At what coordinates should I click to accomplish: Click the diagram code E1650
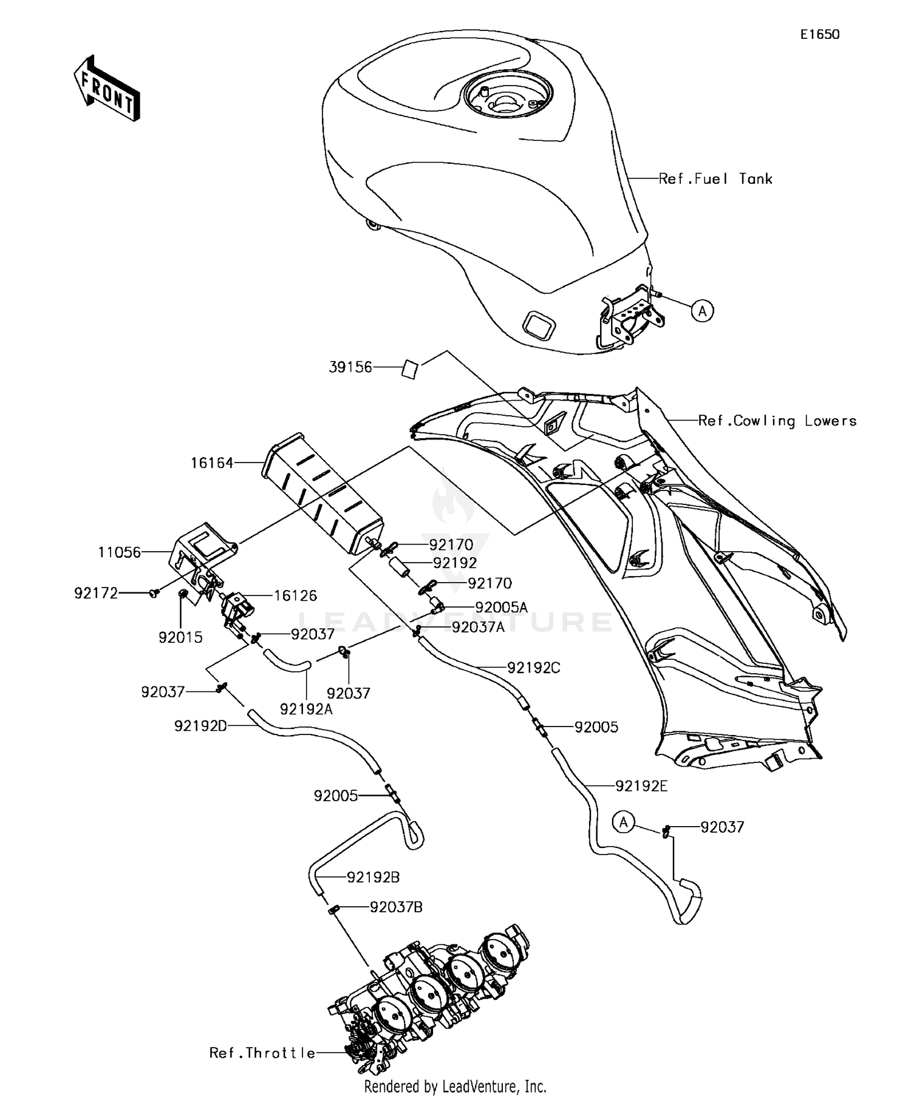pyautogui.click(x=819, y=35)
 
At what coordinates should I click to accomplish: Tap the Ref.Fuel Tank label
pyautogui.click(x=715, y=179)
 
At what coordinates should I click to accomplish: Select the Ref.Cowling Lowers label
pyautogui.click(x=777, y=421)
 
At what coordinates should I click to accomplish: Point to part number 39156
pyautogui.click(x=350, y=367)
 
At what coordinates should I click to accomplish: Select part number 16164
pyautogui.click(x=212, y=463)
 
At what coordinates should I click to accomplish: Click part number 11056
pyautogui.click(x=120, y=552)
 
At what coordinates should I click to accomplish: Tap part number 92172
pyautogui.click(x=96, y=593)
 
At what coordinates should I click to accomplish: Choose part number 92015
pyautogui.click(x=180, y=637)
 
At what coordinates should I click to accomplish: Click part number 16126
pyautogui.click(x=295, y=595)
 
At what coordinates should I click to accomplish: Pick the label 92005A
pyautogui.click(x=501, y=607)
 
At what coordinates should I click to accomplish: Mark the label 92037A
pyautogui.click(x=478, y=627)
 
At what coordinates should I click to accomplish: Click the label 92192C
pyautogui.click(x=533, y=668)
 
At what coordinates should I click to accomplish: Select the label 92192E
pyautogui.click(x=641, y=786)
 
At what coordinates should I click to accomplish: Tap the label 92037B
pyautogui.click(x=396, y=907)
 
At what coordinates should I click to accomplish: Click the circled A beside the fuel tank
pyautogui.click(x=703, y=311)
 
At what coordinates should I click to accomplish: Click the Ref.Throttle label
pyautogui.click(x=262, y=1053)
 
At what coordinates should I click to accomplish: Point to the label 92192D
pyautogui.click(x=200, y=726)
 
